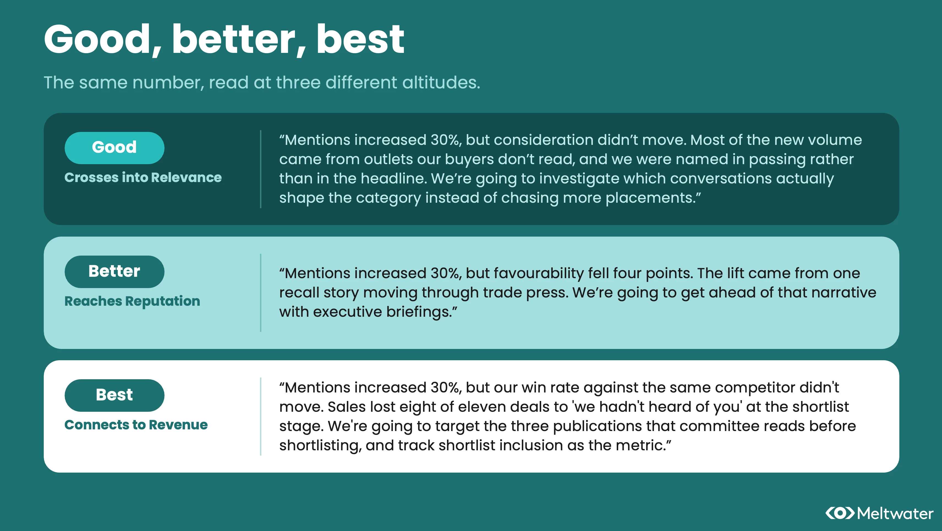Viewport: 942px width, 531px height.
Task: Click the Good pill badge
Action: click(114, 148)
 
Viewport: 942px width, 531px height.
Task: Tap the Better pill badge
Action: click(114, 272)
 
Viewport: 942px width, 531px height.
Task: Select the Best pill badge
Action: click(114, 395)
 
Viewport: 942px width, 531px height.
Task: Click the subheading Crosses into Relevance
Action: click(143, 177)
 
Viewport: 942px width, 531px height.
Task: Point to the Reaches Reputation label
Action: click(132, 302)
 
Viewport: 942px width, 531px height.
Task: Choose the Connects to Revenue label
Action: click(136, 425)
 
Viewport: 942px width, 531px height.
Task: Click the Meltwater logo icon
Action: click(840, 513)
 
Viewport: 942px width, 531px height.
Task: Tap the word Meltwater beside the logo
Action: click(895, 513)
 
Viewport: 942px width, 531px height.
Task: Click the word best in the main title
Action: click(360, 40)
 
